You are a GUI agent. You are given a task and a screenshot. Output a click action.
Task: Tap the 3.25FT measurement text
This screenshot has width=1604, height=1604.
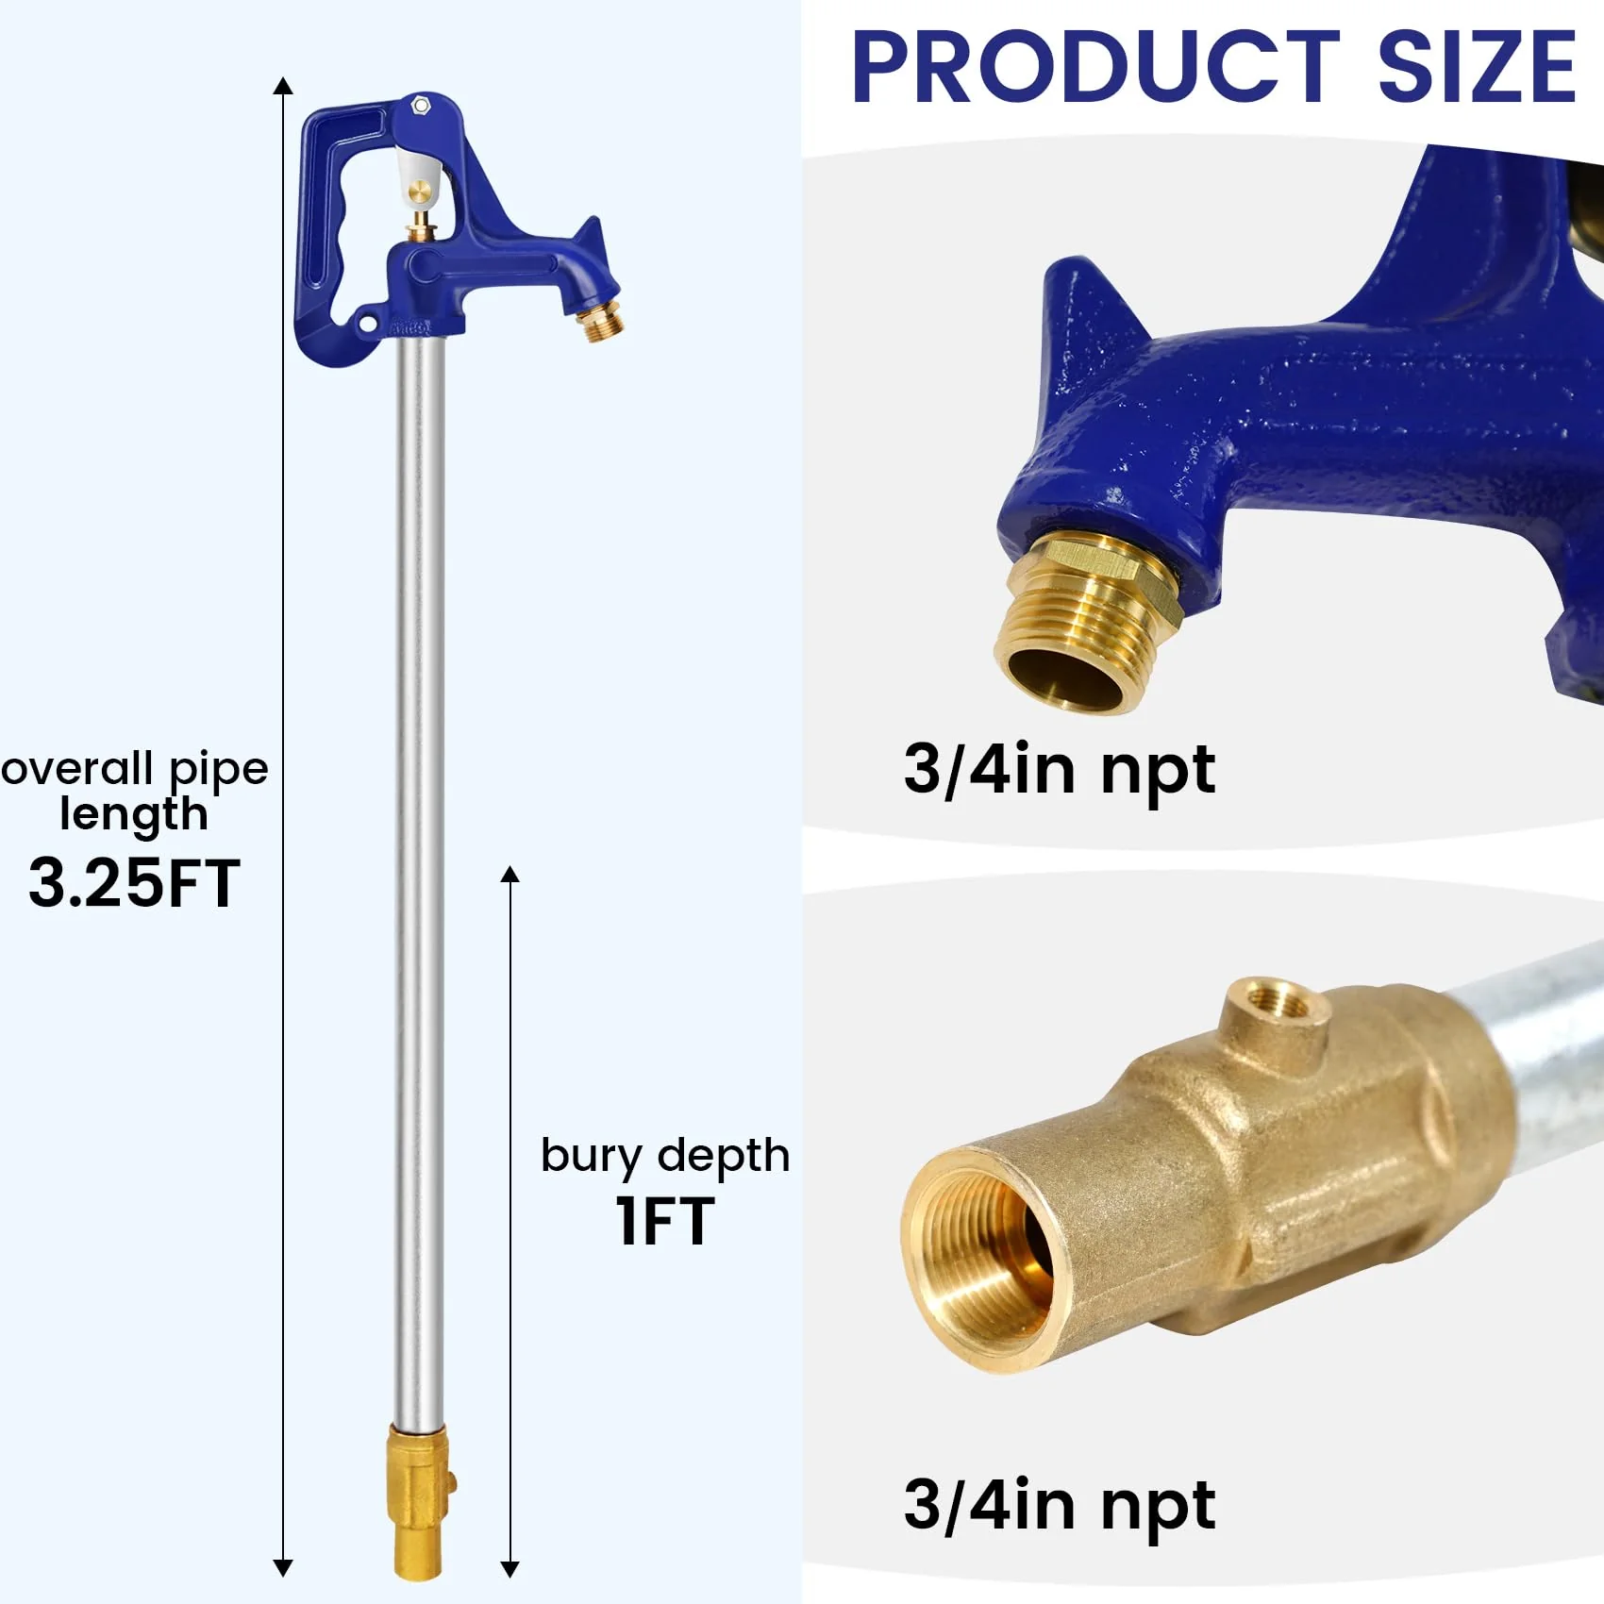tap(134, 883)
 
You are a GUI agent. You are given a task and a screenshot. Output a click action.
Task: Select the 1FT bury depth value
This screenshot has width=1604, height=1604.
tap(664, 1221)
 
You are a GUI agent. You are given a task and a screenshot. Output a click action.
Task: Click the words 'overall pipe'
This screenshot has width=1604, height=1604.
tap(134, 769)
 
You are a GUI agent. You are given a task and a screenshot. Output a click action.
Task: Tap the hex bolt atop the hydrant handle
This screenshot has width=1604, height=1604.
tap(421, 105)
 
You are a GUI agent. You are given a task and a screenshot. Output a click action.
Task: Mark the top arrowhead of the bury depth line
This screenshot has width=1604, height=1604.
tap(510, 874)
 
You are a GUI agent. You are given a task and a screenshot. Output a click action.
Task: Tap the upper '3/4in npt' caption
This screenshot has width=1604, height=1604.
tap(1059, 770)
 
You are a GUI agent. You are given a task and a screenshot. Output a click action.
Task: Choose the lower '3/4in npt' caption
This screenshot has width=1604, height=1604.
tap(1059, 1504)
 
